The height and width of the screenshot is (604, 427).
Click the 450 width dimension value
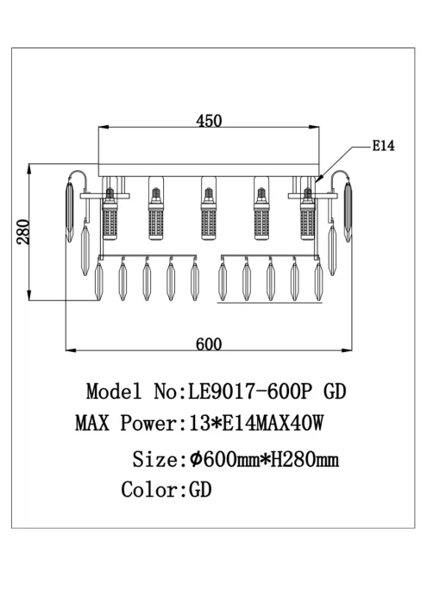(x=209, y=121)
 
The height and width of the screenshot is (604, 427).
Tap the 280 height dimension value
(x=23, y=232)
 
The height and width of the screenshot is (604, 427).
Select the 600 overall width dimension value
(x=209, y=344)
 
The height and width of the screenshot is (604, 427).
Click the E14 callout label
(x=383, y=146)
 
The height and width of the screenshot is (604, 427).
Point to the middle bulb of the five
(x=208, y=214)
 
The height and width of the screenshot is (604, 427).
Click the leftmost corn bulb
(x=110, y=214)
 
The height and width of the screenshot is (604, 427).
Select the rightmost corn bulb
(x=307, y=214)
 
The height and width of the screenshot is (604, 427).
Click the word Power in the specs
(x=148, y=423)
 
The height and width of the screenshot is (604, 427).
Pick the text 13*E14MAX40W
(x=257, y=423)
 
